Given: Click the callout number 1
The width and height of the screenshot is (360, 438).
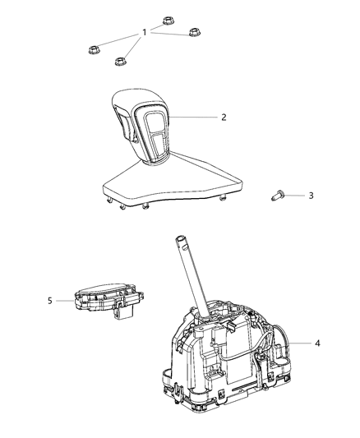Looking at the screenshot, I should point(145,32).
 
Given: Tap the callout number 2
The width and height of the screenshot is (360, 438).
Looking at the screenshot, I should point(223,117).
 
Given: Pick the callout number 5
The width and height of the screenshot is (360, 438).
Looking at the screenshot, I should point(50,301).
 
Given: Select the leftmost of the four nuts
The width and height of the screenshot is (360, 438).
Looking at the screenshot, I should point(94,50).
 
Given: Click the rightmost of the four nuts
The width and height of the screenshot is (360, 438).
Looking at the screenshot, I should point(195,33).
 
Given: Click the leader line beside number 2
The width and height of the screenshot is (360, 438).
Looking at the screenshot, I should point(193,118).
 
